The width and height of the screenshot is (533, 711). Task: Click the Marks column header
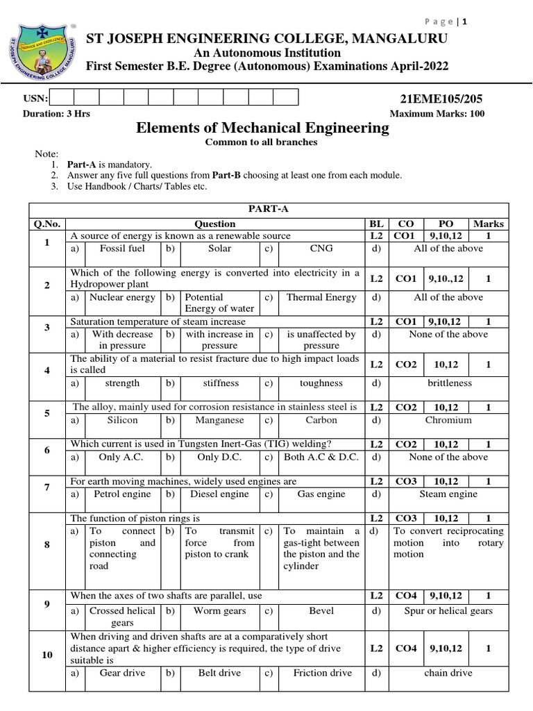(x=489, y=224)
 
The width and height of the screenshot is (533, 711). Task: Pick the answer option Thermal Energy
(x=321, y=297)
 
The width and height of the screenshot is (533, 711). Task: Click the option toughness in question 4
(x=321, y=383)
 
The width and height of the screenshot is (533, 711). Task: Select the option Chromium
(x=448, y=420)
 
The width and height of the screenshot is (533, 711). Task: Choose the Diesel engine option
(x=219, y=494)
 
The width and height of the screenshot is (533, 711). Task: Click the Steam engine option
(x=448, y=494)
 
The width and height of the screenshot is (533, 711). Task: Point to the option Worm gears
(x=219, y=611)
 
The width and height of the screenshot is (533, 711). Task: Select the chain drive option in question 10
(x=448, y=673)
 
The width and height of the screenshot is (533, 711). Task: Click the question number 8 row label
(x=47, y=544)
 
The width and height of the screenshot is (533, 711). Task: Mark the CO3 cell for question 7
(x=406, y=480)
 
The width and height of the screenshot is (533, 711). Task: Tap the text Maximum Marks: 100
(x=437, y=114)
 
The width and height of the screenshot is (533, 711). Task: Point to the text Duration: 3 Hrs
(x=56, y=114)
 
